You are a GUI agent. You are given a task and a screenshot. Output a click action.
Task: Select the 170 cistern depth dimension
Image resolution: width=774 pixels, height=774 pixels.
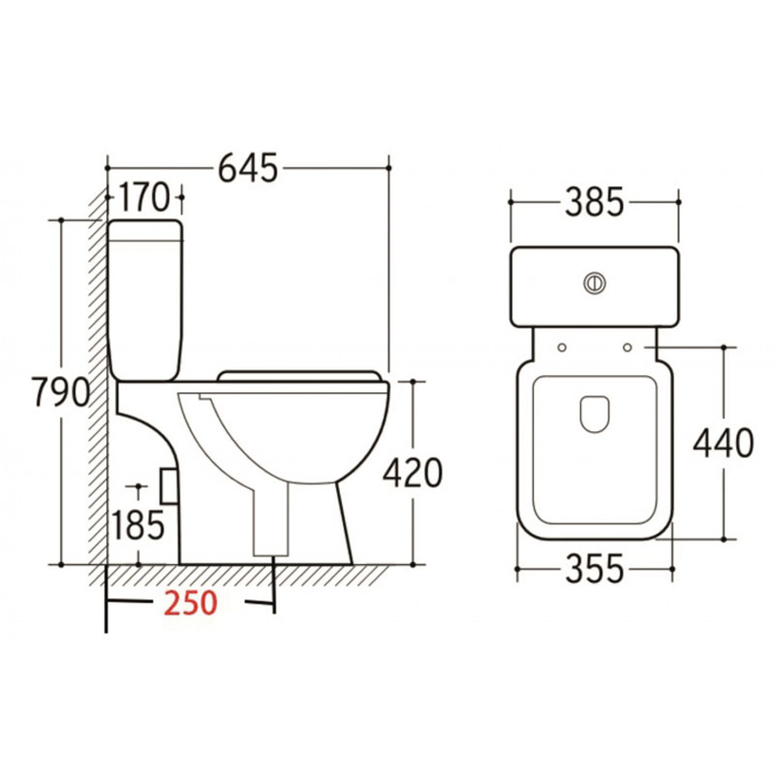pyautogui.click(x=144, y=199)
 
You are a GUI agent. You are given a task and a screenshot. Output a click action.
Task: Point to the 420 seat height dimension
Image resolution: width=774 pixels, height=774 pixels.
pyautogui.click(x=412, y=472)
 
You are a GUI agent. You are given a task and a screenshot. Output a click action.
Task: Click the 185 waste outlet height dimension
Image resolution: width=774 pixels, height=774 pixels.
pyautogui.click(x=137, y=522)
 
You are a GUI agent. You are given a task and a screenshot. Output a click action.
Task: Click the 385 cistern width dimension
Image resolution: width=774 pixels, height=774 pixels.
pyautogui.click(x=595, y=201)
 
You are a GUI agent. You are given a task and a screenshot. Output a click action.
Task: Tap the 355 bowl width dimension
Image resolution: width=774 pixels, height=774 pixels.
pyautogui.click(x=595, y=570)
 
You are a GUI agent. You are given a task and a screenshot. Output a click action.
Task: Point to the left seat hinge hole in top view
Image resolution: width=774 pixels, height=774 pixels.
pyautogui.click(x=563, y=346)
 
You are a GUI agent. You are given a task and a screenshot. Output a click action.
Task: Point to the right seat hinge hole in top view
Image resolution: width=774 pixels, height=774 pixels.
pyautogui.click(x=627, y=346)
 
